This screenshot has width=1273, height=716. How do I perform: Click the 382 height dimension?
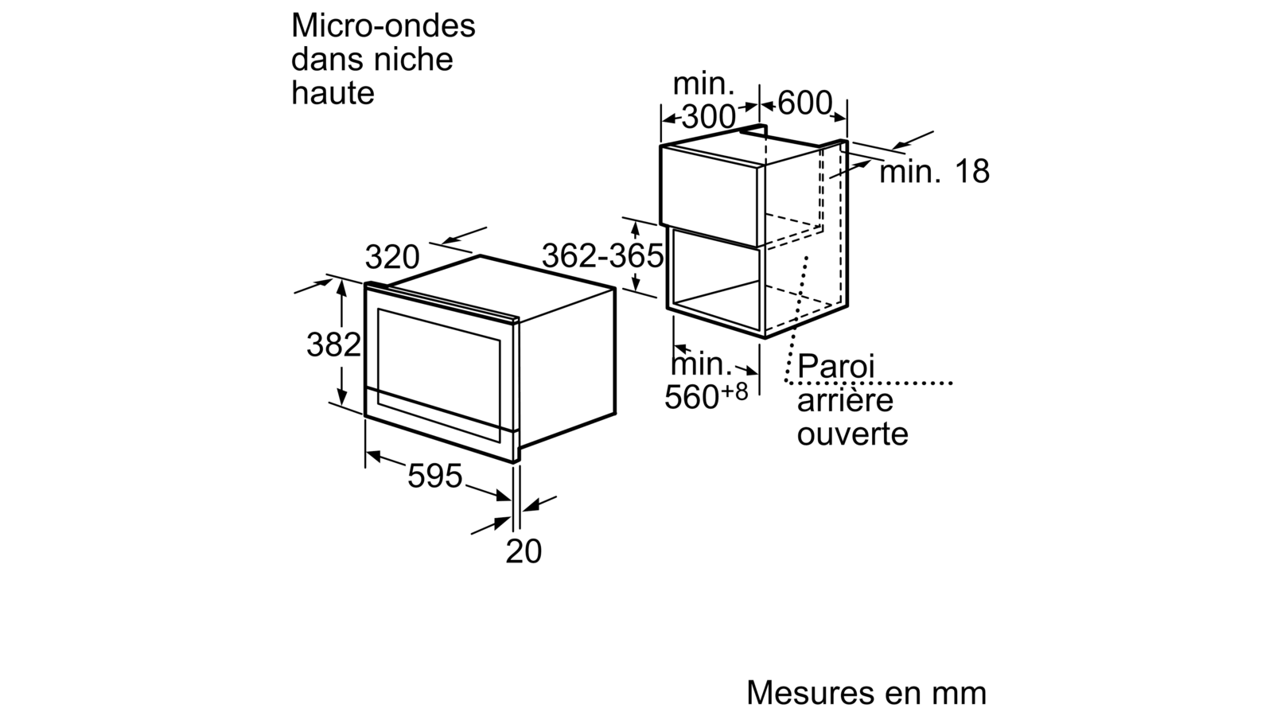334,345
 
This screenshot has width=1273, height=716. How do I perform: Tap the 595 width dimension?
434,476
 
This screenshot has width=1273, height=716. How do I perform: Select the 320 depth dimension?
391,257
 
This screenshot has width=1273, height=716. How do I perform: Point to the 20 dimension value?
524,551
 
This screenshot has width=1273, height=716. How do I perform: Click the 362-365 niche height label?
602,255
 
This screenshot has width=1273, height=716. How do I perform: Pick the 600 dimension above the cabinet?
804,103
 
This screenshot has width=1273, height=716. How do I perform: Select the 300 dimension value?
709,118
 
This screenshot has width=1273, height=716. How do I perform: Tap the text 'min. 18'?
934,172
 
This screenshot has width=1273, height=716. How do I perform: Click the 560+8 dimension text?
706,396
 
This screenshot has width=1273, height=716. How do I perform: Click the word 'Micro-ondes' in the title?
383,26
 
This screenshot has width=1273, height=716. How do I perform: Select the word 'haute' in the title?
333,93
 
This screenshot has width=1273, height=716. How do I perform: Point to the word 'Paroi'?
836,368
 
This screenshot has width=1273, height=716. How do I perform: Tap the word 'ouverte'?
852,434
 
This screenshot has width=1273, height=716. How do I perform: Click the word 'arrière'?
845,401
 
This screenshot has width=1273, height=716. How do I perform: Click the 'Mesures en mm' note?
867,693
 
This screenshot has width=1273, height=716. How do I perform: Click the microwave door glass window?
439,355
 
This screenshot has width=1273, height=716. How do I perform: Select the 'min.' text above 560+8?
702,365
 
